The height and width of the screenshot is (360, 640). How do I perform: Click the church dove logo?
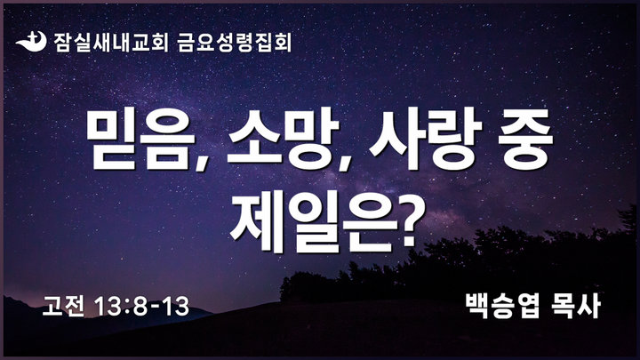[31, 41]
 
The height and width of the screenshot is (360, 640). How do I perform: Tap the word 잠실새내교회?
[111, 42]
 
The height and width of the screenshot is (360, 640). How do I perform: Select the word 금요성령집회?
[235, 42]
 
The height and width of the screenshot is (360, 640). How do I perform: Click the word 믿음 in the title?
[141, 139]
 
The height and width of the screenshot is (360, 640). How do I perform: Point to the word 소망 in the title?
[284, 139]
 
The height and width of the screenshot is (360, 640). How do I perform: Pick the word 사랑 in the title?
[425, 139]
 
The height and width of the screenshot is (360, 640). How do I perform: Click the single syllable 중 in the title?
[525, 139]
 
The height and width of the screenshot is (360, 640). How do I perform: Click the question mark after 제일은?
[412, 220]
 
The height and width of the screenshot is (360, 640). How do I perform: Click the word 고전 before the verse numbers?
[64, 306]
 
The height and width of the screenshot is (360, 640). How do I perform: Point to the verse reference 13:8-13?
[141, 307]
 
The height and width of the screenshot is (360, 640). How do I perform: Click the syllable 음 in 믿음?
[168, 139]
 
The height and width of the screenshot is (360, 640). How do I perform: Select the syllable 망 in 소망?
[312, 139]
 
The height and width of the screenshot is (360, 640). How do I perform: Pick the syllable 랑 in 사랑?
[452, 139]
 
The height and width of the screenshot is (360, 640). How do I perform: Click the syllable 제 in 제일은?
[256, 220]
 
